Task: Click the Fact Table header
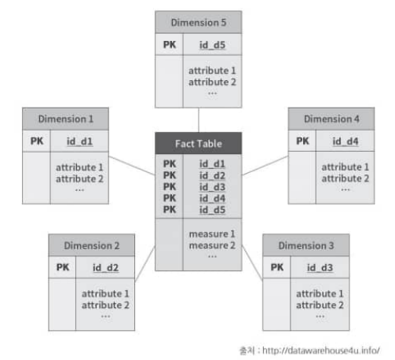199,143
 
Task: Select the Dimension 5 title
199,22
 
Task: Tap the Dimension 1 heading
65,119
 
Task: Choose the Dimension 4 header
331,119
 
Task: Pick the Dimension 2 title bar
92,245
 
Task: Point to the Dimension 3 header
306,245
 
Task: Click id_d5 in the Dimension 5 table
212,45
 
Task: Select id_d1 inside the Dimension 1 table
79,141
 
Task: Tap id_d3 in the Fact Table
212,187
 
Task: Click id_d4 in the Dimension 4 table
346,141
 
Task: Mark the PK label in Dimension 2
63,267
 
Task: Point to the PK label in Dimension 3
277,267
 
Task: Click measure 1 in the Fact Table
212,233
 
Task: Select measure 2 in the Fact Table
212,245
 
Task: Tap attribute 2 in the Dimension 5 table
212,82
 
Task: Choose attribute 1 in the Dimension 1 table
79,167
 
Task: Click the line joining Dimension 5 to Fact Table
199,120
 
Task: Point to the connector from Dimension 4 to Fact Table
265,165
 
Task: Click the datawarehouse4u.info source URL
321,351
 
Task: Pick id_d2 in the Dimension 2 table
105,267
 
